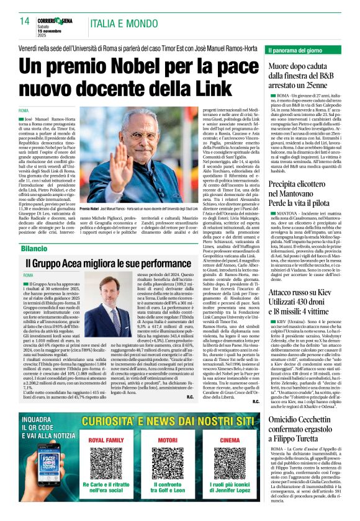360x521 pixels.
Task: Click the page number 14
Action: (25, 22)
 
